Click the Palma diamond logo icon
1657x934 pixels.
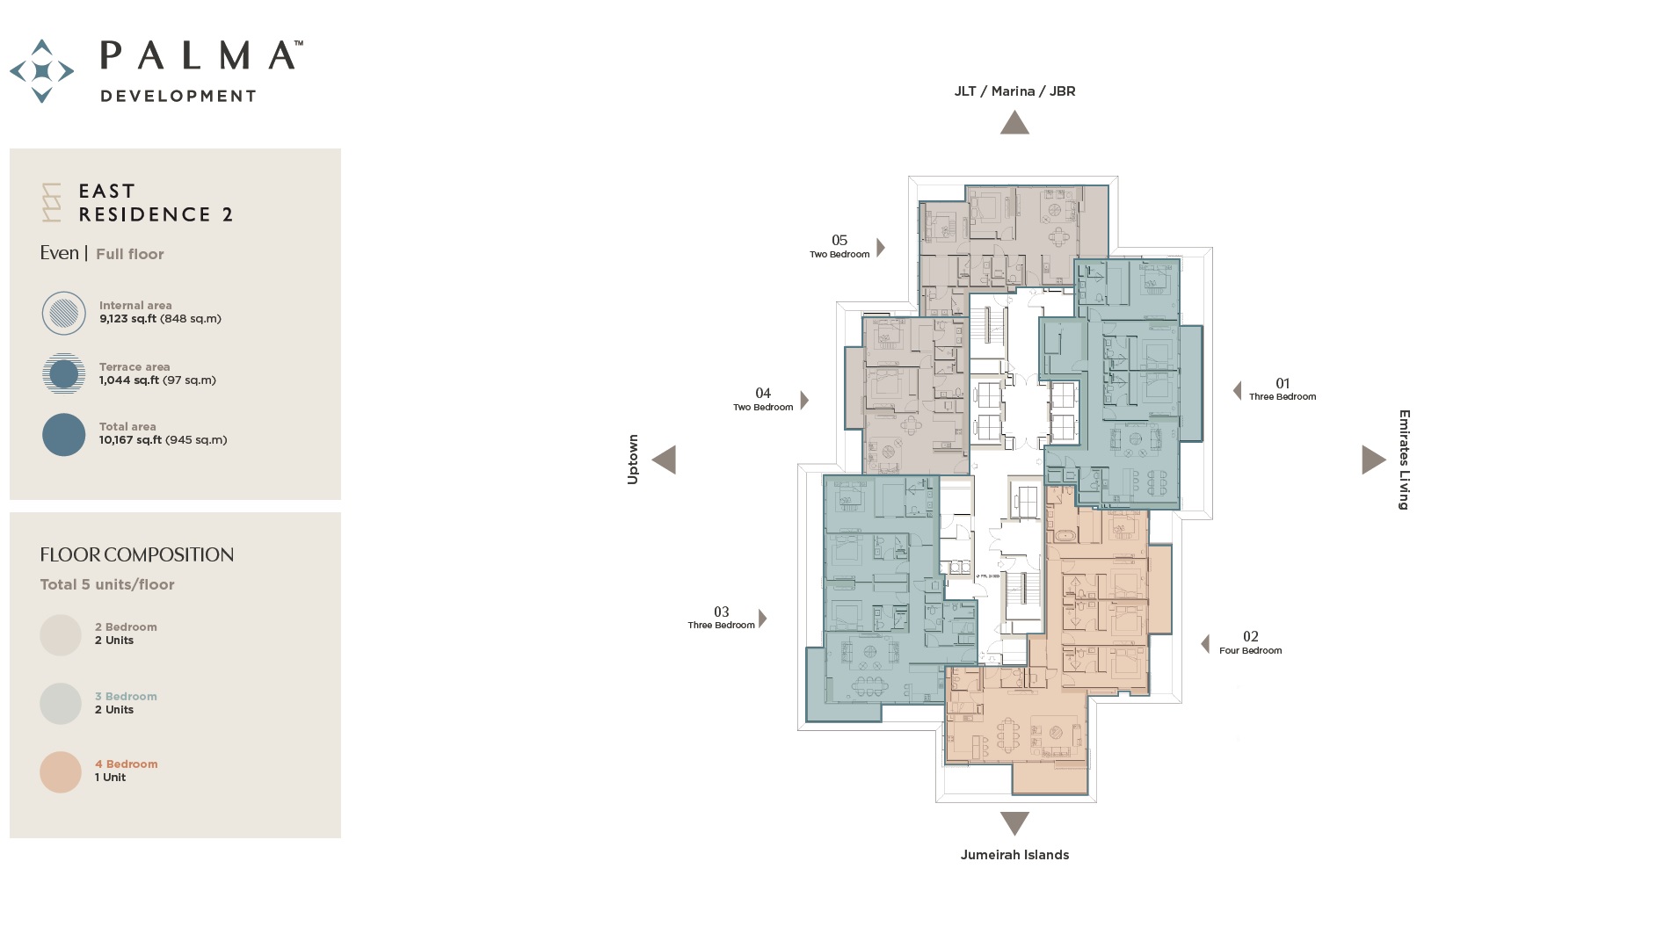41,71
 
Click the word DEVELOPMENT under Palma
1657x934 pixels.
178,96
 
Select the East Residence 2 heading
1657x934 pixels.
155,203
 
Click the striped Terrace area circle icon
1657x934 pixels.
63,373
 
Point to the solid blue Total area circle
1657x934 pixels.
63,435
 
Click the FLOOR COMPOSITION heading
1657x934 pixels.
136,555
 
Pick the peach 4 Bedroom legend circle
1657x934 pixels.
61,771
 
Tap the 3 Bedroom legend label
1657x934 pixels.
126,697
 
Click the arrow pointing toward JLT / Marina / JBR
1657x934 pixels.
1014,123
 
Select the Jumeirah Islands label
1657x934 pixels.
1014,855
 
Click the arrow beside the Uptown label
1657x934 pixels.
665,460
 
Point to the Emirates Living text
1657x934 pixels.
1404,460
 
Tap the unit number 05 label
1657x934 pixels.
839,240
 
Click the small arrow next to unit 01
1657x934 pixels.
1238,390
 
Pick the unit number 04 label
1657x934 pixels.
763,393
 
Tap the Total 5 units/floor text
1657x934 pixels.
107,585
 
